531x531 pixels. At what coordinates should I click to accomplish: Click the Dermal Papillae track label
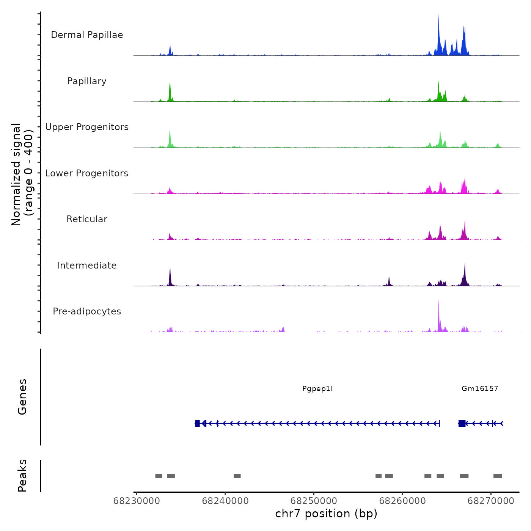click(87, 35)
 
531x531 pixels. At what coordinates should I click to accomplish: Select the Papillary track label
click(87, 81)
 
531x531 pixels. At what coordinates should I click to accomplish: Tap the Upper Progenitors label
click(87, 127)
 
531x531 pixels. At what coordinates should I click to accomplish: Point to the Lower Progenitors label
click(87, 173)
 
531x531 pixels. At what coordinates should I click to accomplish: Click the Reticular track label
click(87, 219)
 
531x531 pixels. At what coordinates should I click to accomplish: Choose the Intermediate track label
click(87, 265)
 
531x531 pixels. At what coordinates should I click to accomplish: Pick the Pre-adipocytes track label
click(87, 311)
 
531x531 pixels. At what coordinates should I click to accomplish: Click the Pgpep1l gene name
click(317, 388)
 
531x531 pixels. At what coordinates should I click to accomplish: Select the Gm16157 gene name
click(480, 388)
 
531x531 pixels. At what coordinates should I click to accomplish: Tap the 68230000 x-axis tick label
click(137, 501)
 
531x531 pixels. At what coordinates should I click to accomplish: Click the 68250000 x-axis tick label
click(314, 501)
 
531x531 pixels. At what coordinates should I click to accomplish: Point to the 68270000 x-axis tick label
click(491, 501)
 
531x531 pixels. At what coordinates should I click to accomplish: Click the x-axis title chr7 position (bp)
click(326, 514)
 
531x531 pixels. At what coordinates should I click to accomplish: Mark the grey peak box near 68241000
click(237, 476)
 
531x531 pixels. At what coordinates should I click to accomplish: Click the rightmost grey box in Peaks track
click(498, 476)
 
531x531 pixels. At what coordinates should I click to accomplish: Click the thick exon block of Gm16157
click(462, 423)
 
